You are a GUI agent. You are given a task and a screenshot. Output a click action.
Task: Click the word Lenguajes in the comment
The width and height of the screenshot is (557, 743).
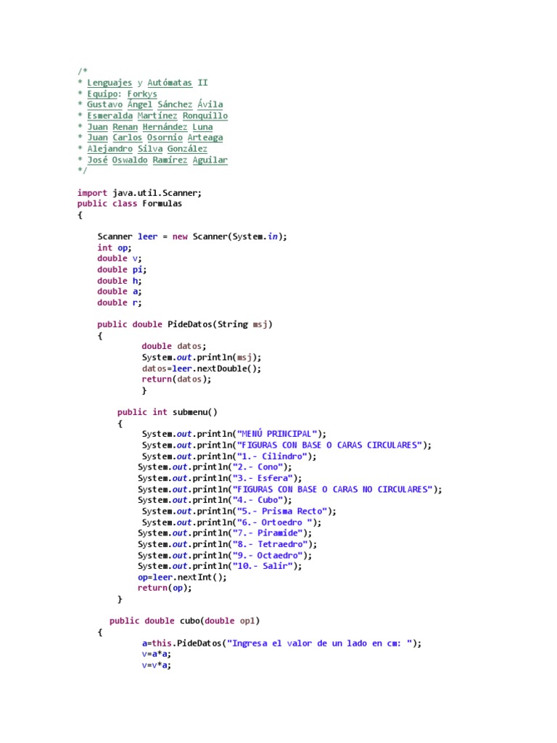click(109, 83)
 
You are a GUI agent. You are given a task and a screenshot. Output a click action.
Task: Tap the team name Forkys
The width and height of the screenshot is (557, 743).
click(141, 94)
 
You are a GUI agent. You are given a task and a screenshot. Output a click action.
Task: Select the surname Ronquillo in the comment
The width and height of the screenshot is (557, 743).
click(205, 115)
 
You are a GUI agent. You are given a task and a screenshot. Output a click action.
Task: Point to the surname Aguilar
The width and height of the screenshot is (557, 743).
click(210, 160)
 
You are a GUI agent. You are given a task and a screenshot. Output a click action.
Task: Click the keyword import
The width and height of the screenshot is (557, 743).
click(92, 192)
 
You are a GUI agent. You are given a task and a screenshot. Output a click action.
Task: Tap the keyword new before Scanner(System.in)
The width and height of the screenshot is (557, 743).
click(180, 237)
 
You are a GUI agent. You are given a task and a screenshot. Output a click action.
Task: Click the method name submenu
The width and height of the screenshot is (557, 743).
click(190, 412)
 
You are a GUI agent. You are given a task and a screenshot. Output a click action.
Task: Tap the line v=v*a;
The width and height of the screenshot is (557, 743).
click(156, 665)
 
